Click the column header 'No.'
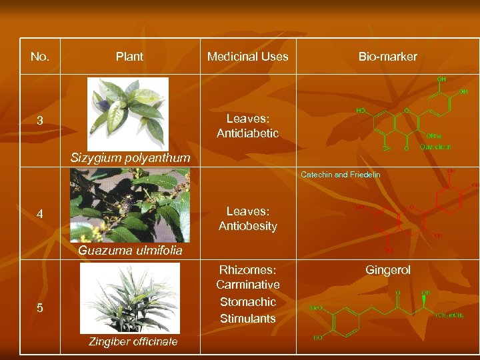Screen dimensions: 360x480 (x=40, y=57)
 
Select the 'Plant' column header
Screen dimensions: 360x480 (x=129, y=57)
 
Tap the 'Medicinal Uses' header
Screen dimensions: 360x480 (x=247, y=57)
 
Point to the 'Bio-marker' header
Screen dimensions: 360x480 (x=387, y=57)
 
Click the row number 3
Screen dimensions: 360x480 (x=40, y=121)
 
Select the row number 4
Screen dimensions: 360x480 (x=40, y=215)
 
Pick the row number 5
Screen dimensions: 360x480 (x=40, y=307)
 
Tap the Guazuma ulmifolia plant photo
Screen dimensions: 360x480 (x=130, y=205)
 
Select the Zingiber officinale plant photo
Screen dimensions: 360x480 (x=130, y=298)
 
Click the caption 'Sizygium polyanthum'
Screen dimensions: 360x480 (x=131, y=159)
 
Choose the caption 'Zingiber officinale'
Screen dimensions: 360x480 (x=133, y=342)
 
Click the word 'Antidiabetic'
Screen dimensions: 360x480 (x=247, y=134)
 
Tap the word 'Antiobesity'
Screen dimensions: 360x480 (x=247, y=226)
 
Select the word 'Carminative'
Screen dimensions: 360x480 (x=247, y=285)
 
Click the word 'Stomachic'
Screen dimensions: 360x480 (x=247, y=301)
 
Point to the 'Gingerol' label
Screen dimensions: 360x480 (x=387, y=270)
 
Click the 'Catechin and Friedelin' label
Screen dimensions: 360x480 (x=340, y=175)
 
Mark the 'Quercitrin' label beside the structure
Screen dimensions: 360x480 (x=435, y=147)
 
